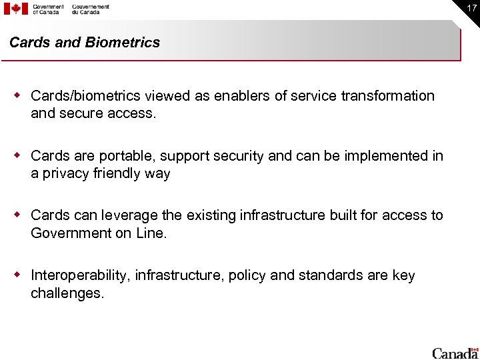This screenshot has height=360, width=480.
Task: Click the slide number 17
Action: pyautogui.click(x=471, y=7)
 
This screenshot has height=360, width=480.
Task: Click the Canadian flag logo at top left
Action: pyautogui.click(x=16, y=9)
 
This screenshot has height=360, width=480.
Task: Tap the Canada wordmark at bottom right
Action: pyautogui.click(x=455, y=353)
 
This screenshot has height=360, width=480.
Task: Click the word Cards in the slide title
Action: pyautogui.click(x=29, y=43)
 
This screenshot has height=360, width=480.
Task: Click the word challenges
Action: pyautogui.click(x=67, y=293)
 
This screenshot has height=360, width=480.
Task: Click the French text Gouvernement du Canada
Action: pyautogui.click(x=91, y=9)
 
